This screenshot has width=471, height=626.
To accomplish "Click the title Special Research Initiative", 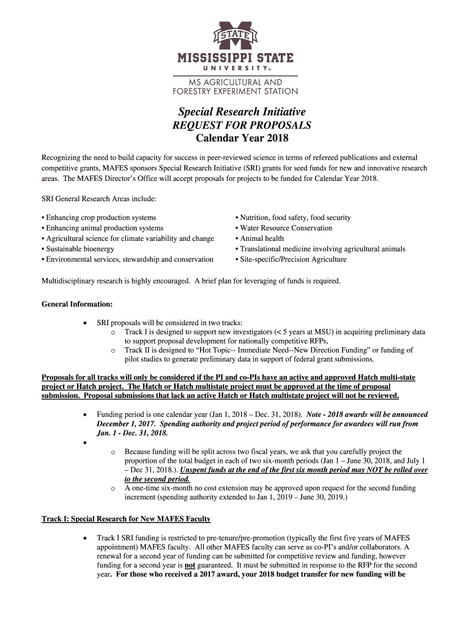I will [242, 111].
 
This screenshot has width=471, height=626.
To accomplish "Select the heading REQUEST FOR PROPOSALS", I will [242, 125].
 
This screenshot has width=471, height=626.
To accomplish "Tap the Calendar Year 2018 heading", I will [242, 139].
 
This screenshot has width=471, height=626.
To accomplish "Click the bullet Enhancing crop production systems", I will [100, 218].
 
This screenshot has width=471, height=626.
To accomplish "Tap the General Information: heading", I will [76, 304].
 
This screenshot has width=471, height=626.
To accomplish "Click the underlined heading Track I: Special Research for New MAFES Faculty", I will [126, 519].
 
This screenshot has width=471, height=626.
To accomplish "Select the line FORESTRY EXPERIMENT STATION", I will [236, 92].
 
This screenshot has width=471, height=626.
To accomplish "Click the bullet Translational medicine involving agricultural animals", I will [322, 249].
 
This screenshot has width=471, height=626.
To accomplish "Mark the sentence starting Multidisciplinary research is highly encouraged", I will [190, 281].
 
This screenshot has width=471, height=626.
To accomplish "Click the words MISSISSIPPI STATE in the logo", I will [236, 59].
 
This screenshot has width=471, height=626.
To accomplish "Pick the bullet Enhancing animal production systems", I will [104, 228].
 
